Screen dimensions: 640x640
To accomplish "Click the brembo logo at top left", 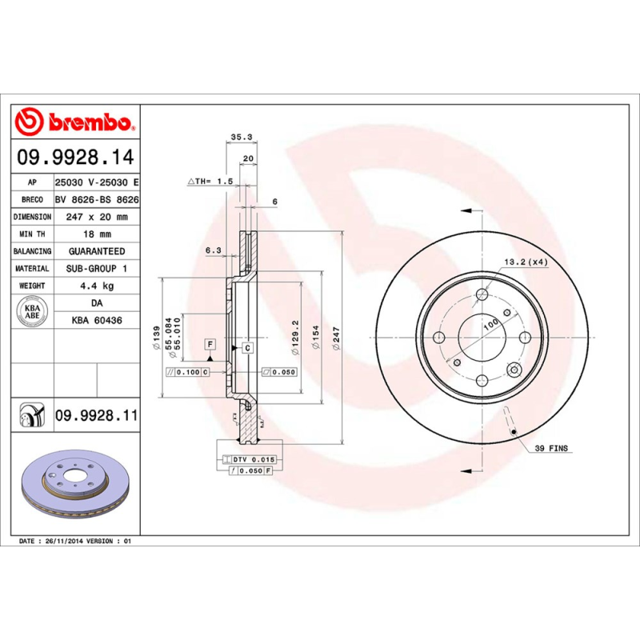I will pyautogui.click(x=74, y=122).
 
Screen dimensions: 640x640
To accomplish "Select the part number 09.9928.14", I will pyautogui.click(x=74, y=158).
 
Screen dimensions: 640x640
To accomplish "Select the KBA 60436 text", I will pyautogui.click(x=96, y=320).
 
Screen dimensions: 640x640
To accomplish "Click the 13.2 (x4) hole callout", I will pyautogui.click(x=526, y=262).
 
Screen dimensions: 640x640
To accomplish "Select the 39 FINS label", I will pyautogui.click(x=550, y=449).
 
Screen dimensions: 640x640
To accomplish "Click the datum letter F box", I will pyautogui.click(x=210, y=344).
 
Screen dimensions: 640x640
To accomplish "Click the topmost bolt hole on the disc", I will pyautogui.click(x=481, y=295).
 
